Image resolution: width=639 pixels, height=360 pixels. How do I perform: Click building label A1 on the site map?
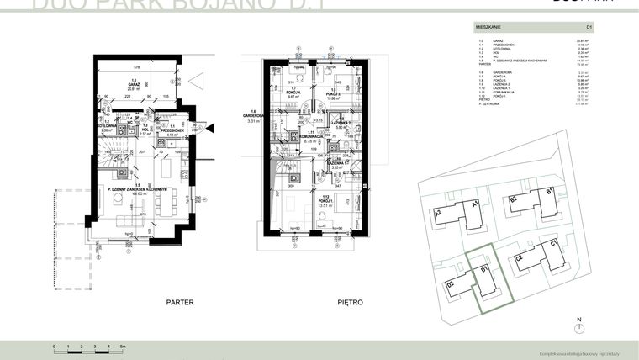pos(476,204)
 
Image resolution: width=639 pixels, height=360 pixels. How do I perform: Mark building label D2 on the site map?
pos(451,284)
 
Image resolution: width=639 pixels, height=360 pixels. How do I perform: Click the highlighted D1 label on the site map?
pos(485,269)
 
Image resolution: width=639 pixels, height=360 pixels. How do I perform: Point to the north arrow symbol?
pos(578,326)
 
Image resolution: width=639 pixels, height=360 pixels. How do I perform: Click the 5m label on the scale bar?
pos(122,347)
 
